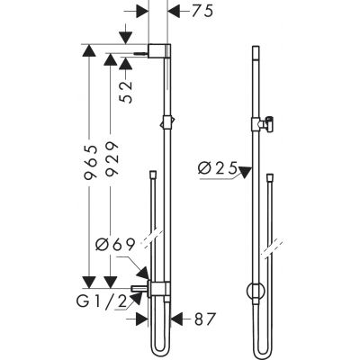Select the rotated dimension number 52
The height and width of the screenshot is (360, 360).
coord(128,87)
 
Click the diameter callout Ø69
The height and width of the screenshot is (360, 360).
coord(114,244)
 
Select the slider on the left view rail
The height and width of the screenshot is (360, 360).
coord(163,121)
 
